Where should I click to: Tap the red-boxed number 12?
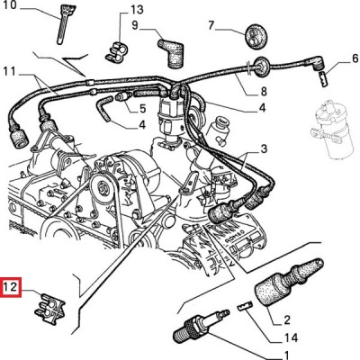pos(11,288)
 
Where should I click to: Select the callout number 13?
pos(137,10)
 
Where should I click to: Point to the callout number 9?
pos(135,25)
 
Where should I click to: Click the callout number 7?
pos(211,25)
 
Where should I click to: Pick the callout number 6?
pos(355,58)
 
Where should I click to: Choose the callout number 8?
pos(264,92)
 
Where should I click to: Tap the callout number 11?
pos(10,72)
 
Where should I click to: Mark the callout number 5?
pos(142,109)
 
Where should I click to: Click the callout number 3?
pos(264,148)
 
